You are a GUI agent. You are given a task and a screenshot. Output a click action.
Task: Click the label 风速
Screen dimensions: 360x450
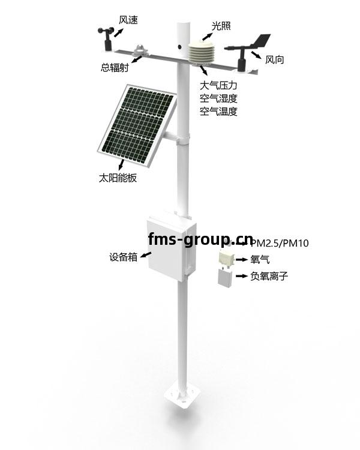128,20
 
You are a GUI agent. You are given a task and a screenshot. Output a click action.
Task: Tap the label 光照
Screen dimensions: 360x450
221,26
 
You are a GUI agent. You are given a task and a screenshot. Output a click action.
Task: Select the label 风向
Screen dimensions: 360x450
274,59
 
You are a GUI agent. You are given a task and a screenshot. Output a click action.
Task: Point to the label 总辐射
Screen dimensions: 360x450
115,67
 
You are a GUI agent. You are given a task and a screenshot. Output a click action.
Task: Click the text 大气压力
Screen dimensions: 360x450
218,85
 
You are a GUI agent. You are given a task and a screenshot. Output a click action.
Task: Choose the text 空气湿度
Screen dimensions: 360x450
218,98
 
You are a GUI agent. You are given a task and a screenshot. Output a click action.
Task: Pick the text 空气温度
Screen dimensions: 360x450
218,111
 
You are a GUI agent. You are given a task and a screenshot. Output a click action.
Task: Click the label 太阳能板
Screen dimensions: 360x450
118,178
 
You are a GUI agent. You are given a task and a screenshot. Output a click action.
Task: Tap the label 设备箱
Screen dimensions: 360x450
124,257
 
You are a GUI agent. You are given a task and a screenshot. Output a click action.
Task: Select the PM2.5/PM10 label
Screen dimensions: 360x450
280,244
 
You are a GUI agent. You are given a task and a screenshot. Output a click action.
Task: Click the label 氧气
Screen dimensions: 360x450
260,259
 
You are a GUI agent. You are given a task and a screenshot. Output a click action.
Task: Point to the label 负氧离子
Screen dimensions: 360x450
269,276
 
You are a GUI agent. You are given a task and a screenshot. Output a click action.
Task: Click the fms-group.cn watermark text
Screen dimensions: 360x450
200,239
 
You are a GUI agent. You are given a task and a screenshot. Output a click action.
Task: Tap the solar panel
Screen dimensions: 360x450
137,126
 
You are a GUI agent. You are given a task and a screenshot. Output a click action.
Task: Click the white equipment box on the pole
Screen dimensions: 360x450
172,247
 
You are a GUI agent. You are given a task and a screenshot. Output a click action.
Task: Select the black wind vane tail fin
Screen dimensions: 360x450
261,41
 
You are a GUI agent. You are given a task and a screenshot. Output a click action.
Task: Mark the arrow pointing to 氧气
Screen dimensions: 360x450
242,259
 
